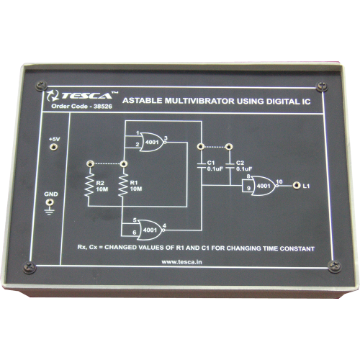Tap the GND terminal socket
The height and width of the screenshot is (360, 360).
tap(50, 202)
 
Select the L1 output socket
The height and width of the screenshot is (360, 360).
tap(297, 186)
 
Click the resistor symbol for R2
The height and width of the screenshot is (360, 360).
tap(89, 185)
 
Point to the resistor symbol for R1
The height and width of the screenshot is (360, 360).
tap(123, 185)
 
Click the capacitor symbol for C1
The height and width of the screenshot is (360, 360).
tap(202, 166)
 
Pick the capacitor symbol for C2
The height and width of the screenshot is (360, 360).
tap(230, 166)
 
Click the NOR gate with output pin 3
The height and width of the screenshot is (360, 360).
tap(153, 142)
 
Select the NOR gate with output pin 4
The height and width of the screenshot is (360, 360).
tap(150, 230)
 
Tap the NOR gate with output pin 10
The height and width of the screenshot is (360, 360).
tap(264, 186)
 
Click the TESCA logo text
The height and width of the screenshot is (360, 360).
tap(86, 96)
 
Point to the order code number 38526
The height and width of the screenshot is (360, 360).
tap(103, 107)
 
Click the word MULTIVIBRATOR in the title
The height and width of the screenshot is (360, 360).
tap(199, 101)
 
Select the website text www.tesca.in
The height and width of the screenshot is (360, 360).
tap(181, 262)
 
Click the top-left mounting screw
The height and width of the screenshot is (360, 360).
tap(42, 86)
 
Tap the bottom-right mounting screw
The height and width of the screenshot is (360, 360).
tap(335, 266)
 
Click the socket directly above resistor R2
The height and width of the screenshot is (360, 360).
tap(90, 164)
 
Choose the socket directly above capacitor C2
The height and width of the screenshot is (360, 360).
tap(229, 147)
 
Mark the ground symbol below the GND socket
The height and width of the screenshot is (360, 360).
tap(50, 212)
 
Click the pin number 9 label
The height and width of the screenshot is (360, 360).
tap(248, 188)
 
